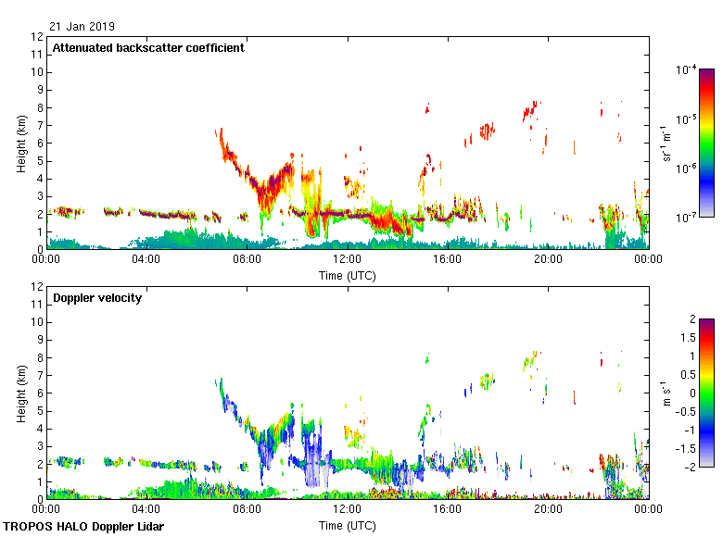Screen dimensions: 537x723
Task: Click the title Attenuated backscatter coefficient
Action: click(x=148, y=48)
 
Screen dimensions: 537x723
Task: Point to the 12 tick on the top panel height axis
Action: click(x=37, y=37)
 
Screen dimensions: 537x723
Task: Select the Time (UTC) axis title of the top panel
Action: click(x=348, y=275)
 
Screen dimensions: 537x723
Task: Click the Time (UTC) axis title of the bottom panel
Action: click(x=348, y=525)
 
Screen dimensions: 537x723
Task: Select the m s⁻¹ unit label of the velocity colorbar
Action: click(x=666, y=393)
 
